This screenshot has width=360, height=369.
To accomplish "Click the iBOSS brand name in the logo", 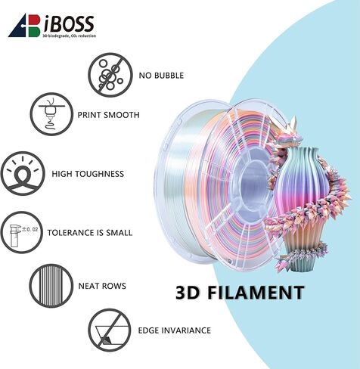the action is click(69, 23).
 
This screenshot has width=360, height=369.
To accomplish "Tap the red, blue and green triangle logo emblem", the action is click(24, 26).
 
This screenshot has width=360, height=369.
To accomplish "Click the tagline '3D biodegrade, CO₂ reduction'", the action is click(70, 36).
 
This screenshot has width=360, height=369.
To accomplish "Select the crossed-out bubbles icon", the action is click(110, 75).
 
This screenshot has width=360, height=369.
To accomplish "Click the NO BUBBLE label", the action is click(161, 76).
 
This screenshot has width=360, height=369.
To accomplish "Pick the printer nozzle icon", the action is click(51, 114).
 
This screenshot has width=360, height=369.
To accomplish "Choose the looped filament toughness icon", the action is click(23, 173).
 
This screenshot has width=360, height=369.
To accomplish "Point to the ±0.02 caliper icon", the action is click(22, 232).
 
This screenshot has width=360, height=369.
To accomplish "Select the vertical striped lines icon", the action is click(51, 286).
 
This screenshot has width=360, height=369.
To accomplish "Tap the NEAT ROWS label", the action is click(102, 286).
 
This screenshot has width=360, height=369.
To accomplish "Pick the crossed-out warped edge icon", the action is click(110, 330).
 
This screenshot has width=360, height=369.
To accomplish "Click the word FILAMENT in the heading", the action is click(256, 293).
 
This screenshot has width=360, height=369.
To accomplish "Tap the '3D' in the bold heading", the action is click(188, 293).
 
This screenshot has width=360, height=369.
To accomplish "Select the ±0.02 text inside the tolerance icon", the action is click(29, 229).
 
